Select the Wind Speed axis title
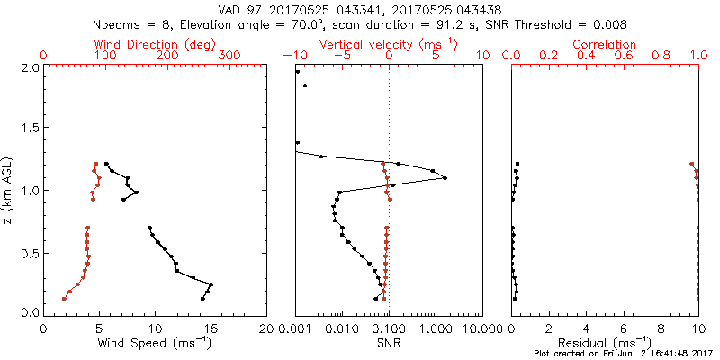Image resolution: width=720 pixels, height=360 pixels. coord(156,342)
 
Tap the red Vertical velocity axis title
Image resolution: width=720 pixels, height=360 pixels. coord(388,44)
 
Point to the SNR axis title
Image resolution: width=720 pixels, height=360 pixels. coord(388,342)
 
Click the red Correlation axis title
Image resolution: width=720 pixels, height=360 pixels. coord(605,44)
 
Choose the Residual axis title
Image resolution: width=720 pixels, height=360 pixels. coord(605,342)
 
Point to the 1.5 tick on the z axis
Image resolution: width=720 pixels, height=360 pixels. coord(29,129)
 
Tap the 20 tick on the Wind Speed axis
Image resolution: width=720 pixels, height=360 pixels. coord(266,328)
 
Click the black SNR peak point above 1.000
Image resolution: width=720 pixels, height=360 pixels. coord(445,178)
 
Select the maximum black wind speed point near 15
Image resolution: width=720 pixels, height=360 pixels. coord(211,284)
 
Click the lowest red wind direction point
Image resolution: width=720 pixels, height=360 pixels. coord(64,299)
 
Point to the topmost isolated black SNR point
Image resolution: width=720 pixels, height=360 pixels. coord(297,71)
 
